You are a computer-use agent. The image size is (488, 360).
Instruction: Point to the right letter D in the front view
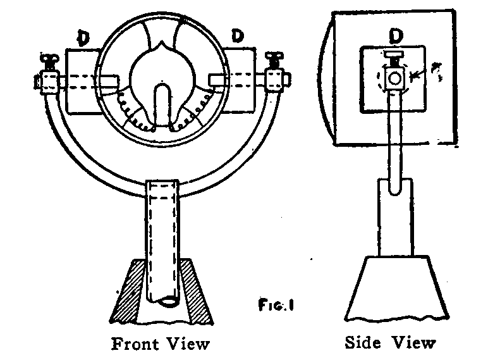pyautogui.click(x=238, y=37)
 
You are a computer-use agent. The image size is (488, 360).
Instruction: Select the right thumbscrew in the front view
pyautogui.click(x=274, y=61)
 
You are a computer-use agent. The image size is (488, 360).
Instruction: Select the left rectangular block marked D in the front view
pyautogui.click(x=81, y=82)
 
